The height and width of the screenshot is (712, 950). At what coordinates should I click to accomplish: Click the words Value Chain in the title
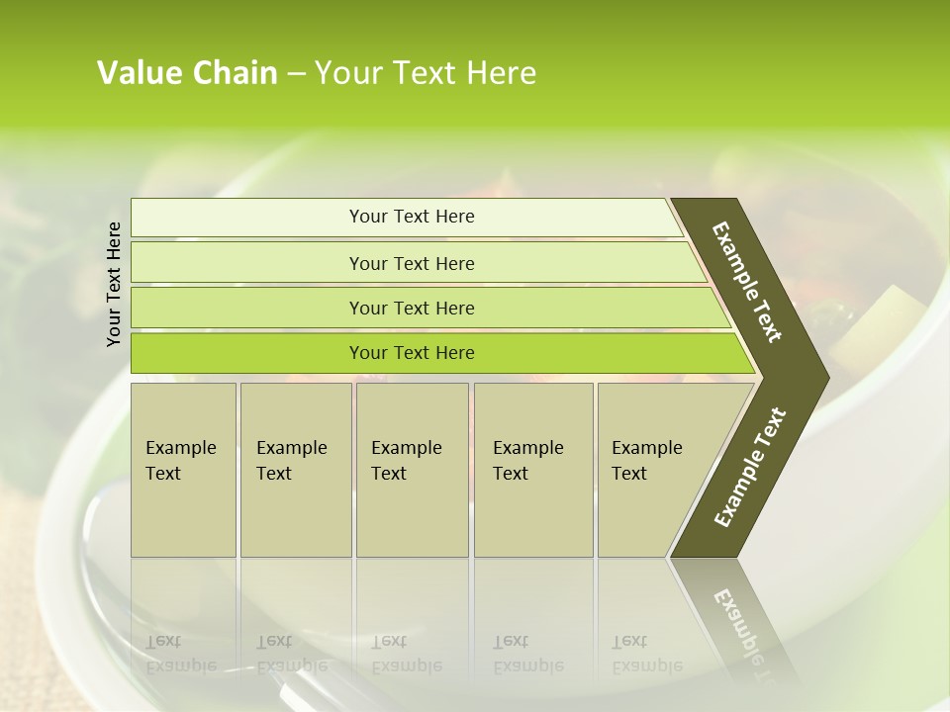tap(187, 73)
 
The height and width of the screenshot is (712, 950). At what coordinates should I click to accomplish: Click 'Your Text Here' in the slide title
tap(425, 73)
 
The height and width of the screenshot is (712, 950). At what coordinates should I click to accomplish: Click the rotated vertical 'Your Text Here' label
tap(114, 284)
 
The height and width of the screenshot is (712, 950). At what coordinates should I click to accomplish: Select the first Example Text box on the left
tap(183, 470)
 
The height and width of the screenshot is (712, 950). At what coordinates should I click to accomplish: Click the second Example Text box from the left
tap(295, 470)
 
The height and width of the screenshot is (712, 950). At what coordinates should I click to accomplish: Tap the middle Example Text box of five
tap(412, 470)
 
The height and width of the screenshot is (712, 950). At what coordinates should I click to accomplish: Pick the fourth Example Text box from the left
tap(533, 470)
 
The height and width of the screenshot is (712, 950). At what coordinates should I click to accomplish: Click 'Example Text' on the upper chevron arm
tap(747, 282)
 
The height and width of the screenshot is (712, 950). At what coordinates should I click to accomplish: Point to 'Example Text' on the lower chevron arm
tap(750, 468)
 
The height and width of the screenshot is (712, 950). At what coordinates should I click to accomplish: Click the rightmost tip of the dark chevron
tap(827, 377)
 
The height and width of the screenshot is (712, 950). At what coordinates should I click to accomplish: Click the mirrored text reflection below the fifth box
tap(646, 654)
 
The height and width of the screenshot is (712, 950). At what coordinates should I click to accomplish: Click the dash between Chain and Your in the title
tap(296, 74)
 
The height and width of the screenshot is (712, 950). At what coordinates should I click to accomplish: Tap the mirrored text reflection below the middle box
tap(406, 654)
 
